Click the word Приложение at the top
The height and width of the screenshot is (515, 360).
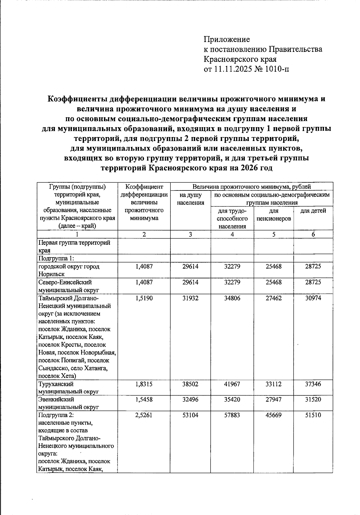(227, 39)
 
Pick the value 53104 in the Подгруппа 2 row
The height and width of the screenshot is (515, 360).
(190, 415)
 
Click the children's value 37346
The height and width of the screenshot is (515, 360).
(313, 384)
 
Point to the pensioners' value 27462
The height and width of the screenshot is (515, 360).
(274, 298)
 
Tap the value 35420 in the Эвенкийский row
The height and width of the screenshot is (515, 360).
(232, 400)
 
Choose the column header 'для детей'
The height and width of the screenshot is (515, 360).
(313, 211)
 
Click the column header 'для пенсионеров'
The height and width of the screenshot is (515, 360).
(274, 215)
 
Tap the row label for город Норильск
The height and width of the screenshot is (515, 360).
(69, 270)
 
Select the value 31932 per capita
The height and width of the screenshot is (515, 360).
(190, 298)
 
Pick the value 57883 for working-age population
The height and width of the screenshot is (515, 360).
(232, 415)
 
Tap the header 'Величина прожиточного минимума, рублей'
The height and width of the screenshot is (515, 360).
(251, 187)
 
